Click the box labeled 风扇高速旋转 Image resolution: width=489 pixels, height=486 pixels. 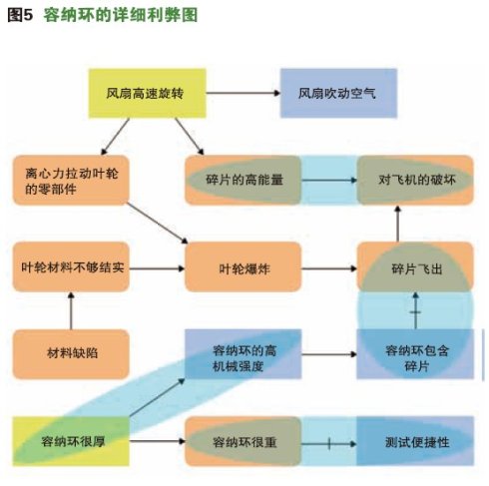click(x=147, y=93)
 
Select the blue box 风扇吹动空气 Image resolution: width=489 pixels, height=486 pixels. click(x=338, y=93)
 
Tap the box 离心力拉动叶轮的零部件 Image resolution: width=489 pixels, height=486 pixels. click(x=71, y=180)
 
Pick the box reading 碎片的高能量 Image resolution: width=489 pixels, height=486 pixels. click(x=244, y=180)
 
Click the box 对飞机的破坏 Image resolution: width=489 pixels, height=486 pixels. click(x=415, y=180)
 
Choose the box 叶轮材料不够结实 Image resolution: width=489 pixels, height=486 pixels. click(x=71, y=267)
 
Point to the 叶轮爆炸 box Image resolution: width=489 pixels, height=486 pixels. click(x=244, y=267)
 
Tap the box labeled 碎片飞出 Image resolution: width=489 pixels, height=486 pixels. click(x=415, y=267)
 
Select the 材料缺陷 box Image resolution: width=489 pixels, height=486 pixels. click(x=71, y=354)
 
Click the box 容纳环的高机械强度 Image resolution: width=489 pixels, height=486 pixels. click(x=244, y=354)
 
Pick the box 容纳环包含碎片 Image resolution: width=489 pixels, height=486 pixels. click(x=415, y=354)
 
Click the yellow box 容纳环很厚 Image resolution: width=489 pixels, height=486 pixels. click(x=71, y=441)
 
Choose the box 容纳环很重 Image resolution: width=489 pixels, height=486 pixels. click(x=244, y=441)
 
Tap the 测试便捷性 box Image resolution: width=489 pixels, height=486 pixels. click(x=415, y=441)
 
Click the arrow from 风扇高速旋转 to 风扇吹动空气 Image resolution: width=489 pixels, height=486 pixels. click(x=244, y=93)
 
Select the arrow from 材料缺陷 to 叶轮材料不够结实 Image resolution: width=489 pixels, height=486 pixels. click(x=71, y=310)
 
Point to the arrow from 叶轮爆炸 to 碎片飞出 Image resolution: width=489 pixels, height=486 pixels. click(x=329, y=268)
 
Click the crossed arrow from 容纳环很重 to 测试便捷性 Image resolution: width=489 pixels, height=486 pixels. click(x=329, y=444)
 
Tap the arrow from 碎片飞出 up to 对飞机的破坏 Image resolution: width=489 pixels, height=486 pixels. click(x=397, y=224)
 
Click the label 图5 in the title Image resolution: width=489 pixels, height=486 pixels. click(x=20, y=15)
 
